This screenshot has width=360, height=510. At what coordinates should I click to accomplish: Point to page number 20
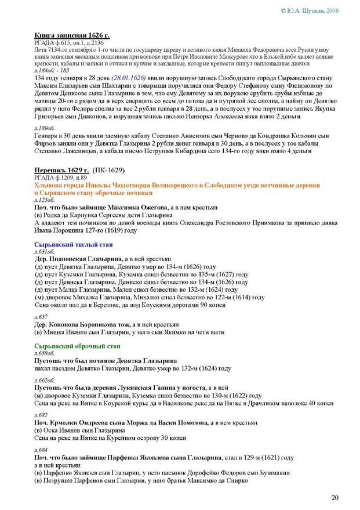334,497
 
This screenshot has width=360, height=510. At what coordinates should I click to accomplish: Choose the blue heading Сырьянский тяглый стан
74,245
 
